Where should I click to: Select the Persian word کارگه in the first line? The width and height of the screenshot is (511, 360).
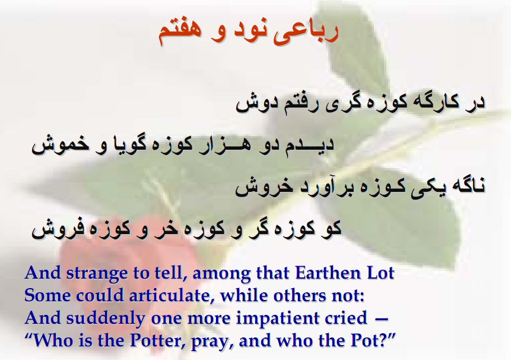tap(431, 102)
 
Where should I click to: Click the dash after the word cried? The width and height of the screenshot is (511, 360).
tap(382, 320)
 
